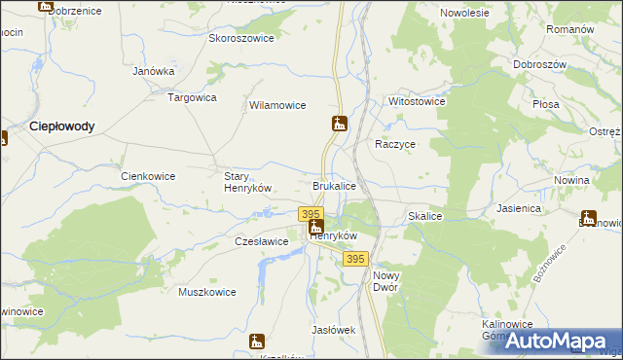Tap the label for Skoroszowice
(241, 39)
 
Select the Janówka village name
(153, 71)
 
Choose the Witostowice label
(417, 101)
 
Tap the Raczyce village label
(396, 143)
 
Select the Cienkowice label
(147, 176)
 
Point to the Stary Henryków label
(246, 182)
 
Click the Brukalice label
(334, 185)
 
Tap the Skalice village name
(426, 216)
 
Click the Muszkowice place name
(207, 291)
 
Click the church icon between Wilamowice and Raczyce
(339, 124)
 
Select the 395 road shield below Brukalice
(311, 213)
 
